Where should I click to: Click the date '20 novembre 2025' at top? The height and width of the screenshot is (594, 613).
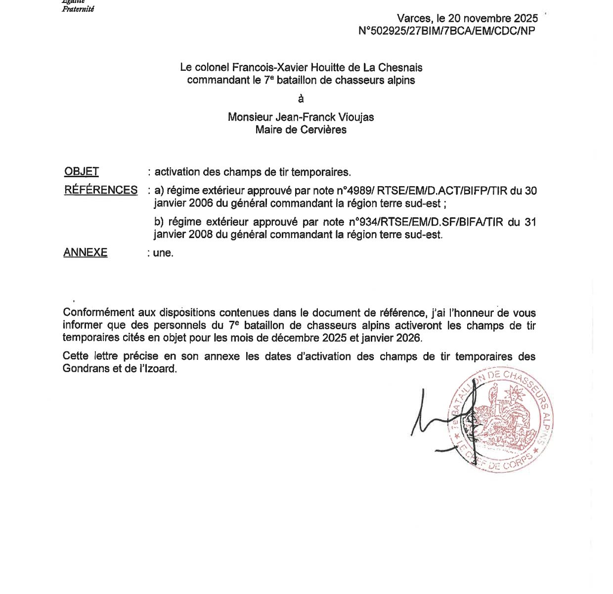[x=493, y=19]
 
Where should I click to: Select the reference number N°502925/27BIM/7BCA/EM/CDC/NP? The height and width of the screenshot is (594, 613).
[x=446, y=31]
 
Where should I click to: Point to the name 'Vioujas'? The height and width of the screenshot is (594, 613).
[x=354, y=117]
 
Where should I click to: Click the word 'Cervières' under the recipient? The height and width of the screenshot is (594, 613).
[x=326, y=130]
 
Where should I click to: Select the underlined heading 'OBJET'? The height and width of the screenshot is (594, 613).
[x=82, y=172]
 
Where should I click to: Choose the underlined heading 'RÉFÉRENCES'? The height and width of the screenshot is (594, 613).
[x=101, y=190]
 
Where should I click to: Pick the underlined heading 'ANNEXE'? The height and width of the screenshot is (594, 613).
[x=86, y=252]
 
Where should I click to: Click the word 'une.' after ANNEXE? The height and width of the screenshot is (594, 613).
[x=163, y=253]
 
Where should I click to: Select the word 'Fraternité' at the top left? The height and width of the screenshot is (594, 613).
[x=78, y=9]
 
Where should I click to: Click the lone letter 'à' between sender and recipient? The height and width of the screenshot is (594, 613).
[x=301, y=99]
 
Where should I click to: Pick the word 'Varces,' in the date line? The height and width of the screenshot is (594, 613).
[x=414, y=19]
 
